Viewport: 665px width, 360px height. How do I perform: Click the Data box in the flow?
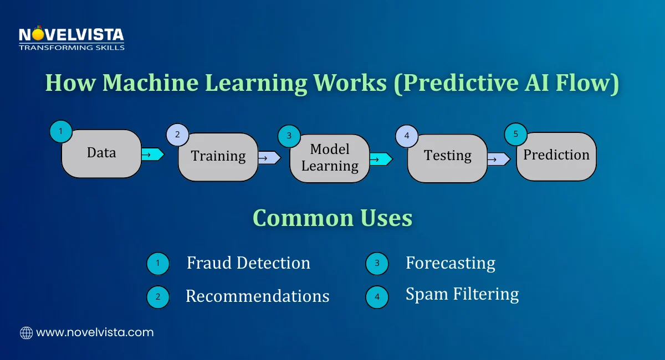click(101, 153)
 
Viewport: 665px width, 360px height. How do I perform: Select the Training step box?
click(218, 157)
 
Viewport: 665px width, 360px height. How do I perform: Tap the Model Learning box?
click(330, 158)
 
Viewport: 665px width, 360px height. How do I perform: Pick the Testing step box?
click(447, 157)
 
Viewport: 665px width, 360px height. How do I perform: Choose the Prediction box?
click(556, 156)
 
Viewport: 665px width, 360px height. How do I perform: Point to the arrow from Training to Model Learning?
click(269, 158)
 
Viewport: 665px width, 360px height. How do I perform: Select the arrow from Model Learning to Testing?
click(380, 160)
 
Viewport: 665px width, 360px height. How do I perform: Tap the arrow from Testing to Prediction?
click(498, 160)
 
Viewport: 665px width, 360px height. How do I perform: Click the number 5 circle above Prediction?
click(515, 133)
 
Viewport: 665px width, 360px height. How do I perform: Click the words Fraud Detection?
click(248, 263)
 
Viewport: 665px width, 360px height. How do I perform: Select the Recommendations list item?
click(257, 296)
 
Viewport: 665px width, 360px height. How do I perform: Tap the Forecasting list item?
click(450, 263)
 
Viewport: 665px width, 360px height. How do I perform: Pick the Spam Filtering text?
click(462, 294)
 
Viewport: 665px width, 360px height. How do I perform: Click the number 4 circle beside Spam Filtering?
click(377, 297)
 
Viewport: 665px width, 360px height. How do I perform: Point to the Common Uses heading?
click(332, 218)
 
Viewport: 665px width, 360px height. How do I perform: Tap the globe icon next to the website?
click(26, 333)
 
